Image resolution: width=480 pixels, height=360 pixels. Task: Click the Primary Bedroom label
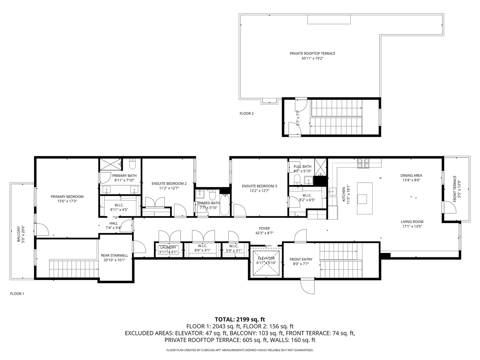click(x=67, y=197)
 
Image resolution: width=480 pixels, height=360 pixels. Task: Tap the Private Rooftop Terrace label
click(x=312, y=53)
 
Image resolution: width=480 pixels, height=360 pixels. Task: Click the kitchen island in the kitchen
click(x=367, y=198)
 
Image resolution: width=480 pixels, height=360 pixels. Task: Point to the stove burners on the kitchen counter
click(x=364, y=163)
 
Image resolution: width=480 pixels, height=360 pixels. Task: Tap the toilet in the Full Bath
click(x=297, y=180)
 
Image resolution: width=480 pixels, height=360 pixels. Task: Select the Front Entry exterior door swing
click(x=307, y=286)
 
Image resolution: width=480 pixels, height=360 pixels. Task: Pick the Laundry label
click(x=168, y=247)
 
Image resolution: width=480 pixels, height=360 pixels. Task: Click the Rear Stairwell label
click(x=114, y=256)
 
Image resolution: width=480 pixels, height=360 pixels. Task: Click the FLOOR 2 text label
click(x=247, y=113)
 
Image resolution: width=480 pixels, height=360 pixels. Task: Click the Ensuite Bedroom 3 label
click(x=259, y=186)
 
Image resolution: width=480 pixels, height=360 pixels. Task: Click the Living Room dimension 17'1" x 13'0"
click(x=412, y=226)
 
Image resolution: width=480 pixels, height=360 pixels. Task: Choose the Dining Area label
click(x=411, y=175)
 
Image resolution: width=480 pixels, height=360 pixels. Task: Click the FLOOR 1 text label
click(x=17, y=294)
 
